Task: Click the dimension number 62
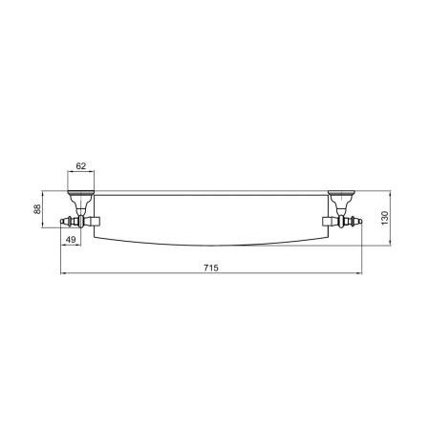(81, 166)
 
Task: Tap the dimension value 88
(37, 209)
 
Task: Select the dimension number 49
(71, 239)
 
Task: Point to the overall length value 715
(211, 268)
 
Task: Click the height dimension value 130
(385, 218)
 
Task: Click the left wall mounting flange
(81, 193)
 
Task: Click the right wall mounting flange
(341, 193)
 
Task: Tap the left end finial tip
(61, 221)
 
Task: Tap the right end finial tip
(361, 221)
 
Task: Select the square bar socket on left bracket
(94, 221)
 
